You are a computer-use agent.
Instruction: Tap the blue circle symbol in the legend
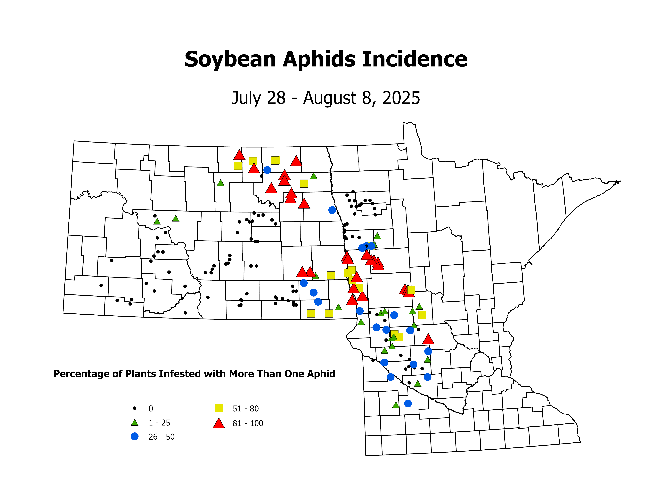pyautogui.click(x=135, y=437)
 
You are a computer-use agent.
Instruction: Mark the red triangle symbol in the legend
pyautogui.click(x=219, y=423)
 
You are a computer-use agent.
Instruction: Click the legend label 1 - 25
pyautogui.click(x=159, y=423)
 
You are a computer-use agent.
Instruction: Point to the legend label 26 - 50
pyautogui.click(x=162, y=437)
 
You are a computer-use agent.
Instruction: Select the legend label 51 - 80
pyautogui.click(x=246, y=408)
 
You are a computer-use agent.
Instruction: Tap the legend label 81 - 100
pyautogui.click(x=248, y=423)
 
